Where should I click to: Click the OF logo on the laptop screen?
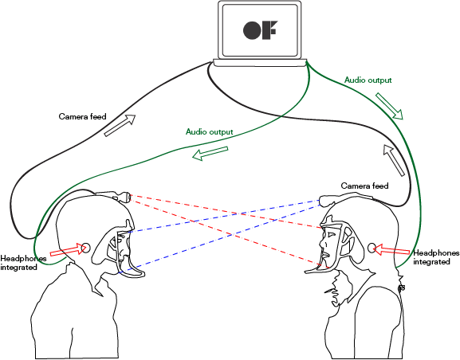(260, 30)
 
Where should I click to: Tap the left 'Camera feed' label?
(82, 116)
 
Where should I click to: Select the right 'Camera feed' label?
(364, 186)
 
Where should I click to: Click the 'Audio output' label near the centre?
(210, 131)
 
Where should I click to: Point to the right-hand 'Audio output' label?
(368, 80)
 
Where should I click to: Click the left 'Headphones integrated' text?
(23, 263)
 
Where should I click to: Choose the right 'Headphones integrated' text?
(436, 257)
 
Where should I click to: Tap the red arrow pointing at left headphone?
(67, 251)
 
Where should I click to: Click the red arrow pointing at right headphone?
(391, 250)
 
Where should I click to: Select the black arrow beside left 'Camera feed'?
(120, 126)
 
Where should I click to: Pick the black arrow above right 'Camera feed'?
(394, 160)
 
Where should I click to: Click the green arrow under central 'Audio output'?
(210, 154)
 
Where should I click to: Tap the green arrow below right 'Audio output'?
(390, 106)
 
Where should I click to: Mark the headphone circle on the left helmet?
(85, 248)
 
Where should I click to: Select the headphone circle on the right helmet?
(372, 248)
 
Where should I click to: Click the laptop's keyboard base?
(260, 63)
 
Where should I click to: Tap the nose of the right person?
(322, 243)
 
